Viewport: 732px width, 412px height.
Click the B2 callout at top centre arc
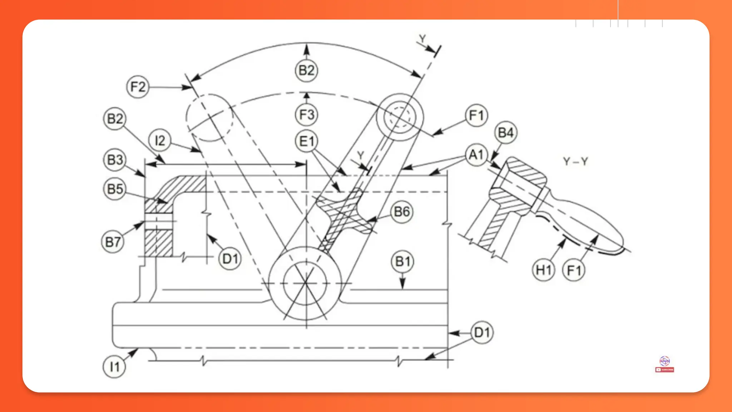coord(306,70)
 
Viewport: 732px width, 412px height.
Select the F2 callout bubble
coord(138,87)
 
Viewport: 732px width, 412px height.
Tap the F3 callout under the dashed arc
coord(306,115)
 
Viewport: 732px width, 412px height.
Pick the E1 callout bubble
coord(306,142)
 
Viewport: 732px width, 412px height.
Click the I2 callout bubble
coord(159,141)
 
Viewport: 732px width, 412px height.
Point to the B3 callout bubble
coord(115,160)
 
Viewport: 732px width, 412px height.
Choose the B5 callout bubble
coord(115,189)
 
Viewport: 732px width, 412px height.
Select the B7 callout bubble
coord(113,242)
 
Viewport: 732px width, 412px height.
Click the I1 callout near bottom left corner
coord(114,367)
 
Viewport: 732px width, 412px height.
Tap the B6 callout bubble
coord(402,212)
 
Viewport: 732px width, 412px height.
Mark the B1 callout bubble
coord(402,262)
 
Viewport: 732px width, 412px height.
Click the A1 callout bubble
coord(476,155)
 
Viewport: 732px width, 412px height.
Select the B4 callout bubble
coord(506,133)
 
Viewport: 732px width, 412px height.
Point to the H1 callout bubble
coord(543,270)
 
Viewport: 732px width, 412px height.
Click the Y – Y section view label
coord(575,162)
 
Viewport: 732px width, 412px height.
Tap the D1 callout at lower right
coord(482,333)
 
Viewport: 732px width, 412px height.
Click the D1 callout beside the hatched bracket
coord(230,259)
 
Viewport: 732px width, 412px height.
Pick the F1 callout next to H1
coord(574,270)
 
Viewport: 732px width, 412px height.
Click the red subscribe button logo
coord(664,370)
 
